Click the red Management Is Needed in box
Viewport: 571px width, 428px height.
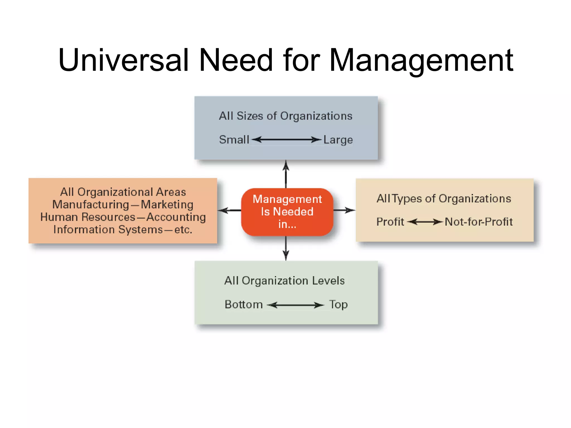(287, 212)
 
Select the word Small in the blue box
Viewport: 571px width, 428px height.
(234, 140)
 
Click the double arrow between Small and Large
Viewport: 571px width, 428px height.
(286, 139)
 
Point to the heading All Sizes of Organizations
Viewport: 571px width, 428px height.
(285, 116)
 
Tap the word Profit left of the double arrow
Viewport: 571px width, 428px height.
(390, 222)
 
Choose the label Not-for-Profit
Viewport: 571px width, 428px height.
(478, 222)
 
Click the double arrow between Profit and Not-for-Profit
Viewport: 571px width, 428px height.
(425, 222)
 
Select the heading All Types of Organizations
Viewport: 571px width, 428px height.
(444, 199)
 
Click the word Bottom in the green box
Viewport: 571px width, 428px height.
(244, 305)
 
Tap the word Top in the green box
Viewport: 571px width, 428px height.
(338, 305)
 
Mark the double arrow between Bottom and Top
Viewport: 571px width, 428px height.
(295, 305)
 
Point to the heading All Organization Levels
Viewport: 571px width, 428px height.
(284, 281)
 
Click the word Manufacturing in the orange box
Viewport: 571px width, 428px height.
(91, 205)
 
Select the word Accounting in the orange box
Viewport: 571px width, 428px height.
(176, 217)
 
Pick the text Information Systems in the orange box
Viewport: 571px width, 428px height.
(108, 230)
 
